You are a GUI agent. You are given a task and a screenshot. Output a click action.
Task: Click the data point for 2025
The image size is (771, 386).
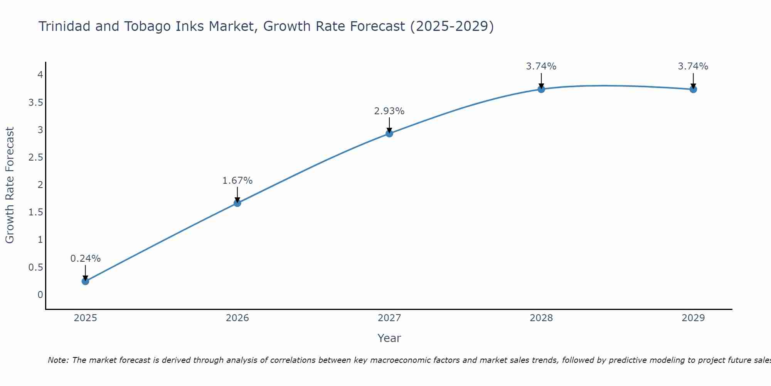(85, 281)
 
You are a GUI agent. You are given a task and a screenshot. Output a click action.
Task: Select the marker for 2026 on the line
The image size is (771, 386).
(237, 203)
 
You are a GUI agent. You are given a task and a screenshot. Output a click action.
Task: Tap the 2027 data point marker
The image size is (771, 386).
(389, 134)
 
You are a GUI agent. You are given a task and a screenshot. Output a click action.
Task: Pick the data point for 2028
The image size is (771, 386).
(541, 89)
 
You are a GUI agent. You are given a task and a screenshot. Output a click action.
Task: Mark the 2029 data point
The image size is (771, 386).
(693, 89)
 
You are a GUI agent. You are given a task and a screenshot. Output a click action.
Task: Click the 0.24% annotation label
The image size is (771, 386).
(85, 259)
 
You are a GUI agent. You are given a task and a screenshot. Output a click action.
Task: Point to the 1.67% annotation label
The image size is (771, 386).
(237, 181)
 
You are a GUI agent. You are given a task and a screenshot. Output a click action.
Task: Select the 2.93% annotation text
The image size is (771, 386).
(389, 111)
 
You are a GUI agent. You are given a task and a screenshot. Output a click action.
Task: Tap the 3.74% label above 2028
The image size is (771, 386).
(541, 66)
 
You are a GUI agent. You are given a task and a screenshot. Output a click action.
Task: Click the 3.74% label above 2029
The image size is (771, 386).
(693, 66)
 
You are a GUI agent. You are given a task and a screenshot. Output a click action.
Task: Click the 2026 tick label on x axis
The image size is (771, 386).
(237, 318)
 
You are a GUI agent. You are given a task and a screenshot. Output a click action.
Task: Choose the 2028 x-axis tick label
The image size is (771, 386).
(541, 318)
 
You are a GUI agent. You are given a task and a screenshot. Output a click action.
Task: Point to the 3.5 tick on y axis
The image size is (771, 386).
(35, 103)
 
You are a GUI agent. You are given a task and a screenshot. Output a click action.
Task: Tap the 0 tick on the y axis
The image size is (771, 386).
(40, 295)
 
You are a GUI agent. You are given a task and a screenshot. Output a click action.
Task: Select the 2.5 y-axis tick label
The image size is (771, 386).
(35, 157)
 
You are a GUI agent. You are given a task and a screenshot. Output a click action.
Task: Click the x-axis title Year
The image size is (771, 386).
(389, 338)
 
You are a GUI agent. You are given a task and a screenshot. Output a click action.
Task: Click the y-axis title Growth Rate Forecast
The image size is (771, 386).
(10, 185)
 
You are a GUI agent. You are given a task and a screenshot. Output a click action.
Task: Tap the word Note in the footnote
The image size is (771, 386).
(58, 360)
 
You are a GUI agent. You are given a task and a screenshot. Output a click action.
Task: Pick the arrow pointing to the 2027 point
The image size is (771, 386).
(389, 125)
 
